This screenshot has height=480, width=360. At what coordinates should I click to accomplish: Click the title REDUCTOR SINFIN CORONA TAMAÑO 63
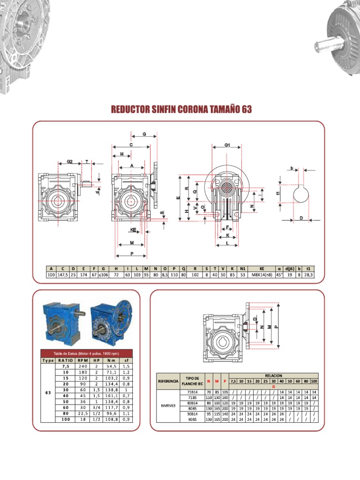point(181,109)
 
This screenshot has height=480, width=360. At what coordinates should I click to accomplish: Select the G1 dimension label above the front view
point(227,145)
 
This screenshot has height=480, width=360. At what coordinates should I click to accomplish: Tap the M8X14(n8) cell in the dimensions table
point(262,275)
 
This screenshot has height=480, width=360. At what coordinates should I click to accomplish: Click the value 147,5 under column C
point(62,275)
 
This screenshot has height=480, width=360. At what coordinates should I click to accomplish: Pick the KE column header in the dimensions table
point(262,269)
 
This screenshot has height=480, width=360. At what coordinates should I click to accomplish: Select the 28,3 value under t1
point(308,275)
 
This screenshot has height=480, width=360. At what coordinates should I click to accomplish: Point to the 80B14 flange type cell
point(193,402)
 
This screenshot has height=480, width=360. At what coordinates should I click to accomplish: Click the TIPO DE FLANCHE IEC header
point(193,381)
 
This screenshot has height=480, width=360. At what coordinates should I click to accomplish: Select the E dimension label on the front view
point(179,198)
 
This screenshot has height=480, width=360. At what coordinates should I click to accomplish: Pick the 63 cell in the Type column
point(48,393)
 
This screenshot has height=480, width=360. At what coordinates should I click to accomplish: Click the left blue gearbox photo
point(62,321)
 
